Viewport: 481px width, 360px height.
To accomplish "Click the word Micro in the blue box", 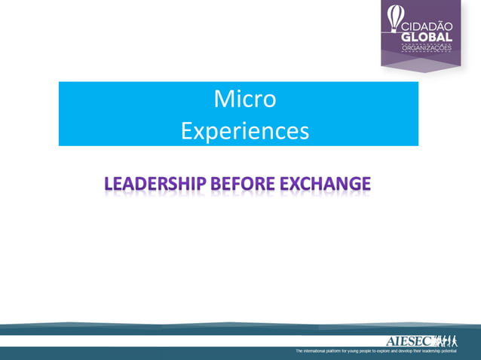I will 244,99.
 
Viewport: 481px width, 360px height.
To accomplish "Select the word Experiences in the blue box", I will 244,131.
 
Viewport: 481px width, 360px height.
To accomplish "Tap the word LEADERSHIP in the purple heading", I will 156,183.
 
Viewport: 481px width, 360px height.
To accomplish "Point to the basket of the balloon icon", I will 391,31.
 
